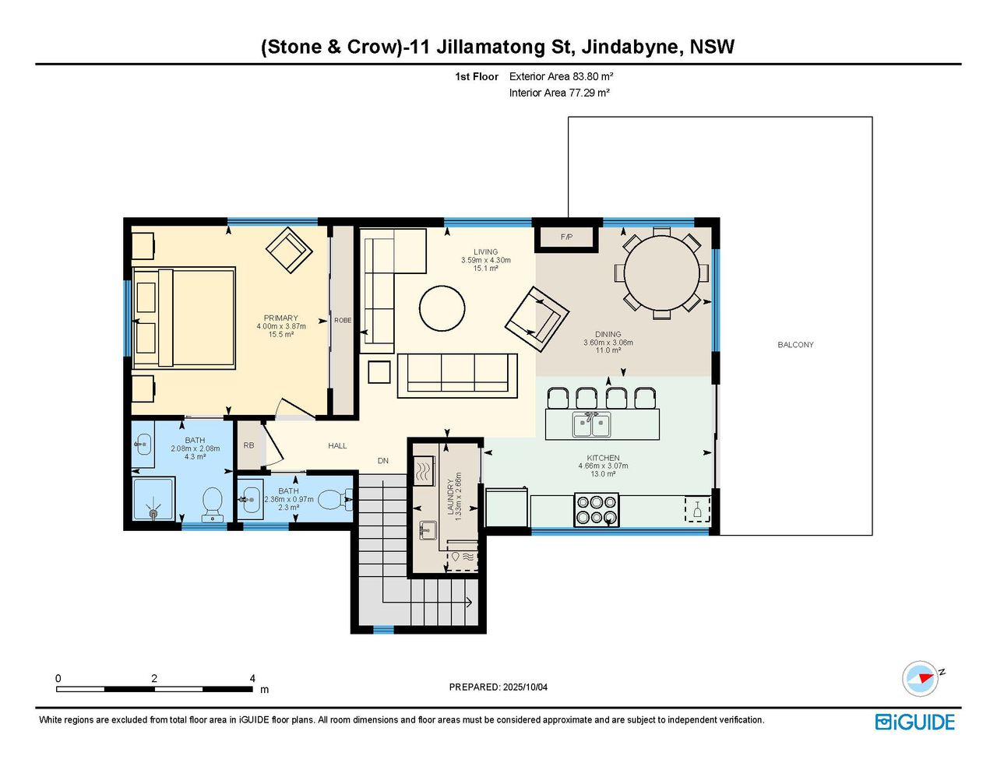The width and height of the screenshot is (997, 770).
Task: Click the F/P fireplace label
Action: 566,237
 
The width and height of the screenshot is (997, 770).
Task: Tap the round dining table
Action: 661,272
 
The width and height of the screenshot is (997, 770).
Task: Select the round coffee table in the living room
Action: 442,308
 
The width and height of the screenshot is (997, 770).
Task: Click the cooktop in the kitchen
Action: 596,509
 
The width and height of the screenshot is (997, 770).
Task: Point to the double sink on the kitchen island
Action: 591,424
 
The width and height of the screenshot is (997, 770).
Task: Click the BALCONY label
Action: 795,344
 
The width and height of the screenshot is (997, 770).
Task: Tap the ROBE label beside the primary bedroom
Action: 343,320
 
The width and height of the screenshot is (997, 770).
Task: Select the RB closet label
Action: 248,445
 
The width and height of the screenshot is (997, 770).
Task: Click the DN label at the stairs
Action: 382,460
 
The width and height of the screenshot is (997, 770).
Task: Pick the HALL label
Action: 337,445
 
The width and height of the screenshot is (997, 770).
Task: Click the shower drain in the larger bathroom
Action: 153,514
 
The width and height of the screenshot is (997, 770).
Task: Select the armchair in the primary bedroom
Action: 289,251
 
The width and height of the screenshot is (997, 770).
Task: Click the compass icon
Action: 920,679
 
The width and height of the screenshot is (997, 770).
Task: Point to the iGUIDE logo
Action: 915,722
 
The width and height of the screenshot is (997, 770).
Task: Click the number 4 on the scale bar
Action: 252,678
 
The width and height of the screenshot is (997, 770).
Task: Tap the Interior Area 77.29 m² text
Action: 558,93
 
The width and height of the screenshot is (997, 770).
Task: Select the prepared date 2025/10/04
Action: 525,687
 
